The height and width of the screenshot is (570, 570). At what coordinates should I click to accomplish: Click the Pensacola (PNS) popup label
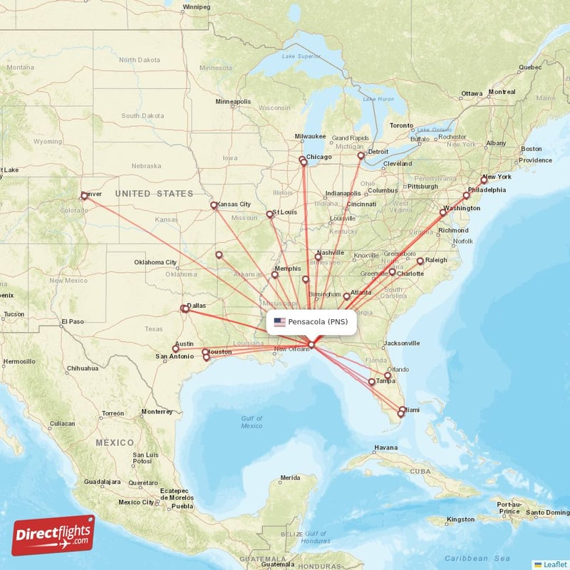click(318, 322)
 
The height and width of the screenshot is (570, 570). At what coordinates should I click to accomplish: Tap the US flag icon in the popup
click(279, 322)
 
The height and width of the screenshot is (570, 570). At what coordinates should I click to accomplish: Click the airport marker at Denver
click(84, 195)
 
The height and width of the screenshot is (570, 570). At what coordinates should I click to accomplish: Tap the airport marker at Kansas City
click(214, 205)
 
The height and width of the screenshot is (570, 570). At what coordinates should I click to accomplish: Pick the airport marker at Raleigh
click(420, 261)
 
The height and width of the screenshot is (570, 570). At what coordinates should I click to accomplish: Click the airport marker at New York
click(484, 180)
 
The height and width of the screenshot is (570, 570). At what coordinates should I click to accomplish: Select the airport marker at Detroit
click(361, 155)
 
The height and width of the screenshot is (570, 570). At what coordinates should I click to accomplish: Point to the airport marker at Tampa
click(371, 382)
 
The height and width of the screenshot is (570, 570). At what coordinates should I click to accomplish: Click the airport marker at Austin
click(175, 348)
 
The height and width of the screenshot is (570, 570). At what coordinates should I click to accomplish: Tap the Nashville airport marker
click(318, 256)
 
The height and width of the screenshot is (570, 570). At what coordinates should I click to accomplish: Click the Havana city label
click(385, 447)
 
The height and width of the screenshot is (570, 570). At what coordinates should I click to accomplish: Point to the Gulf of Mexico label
click(251, 422)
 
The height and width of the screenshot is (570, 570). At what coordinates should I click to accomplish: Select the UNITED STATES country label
click(154, 194)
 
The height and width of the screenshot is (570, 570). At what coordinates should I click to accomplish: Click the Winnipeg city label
click(196, 7)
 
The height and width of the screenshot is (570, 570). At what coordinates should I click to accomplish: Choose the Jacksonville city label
click(401, 343)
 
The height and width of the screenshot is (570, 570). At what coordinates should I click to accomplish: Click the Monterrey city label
click(157, 411)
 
